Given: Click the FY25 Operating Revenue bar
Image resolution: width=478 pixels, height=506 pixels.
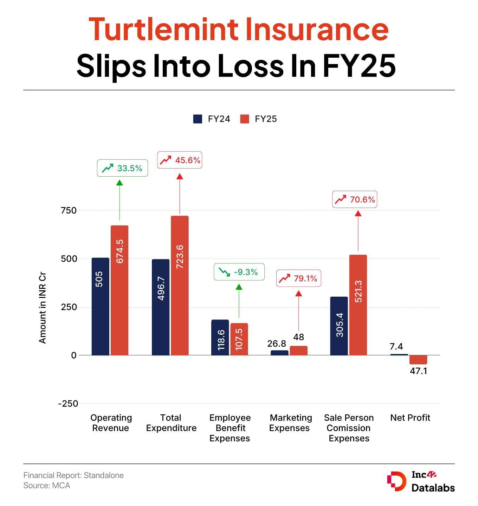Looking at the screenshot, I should pyautogui.click(x=119, y=290).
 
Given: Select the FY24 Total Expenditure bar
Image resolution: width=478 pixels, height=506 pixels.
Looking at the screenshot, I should pyautogui.click(x=161, y=307).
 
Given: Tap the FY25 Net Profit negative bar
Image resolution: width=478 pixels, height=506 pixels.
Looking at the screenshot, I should pyautogui.click(x=418, y=360).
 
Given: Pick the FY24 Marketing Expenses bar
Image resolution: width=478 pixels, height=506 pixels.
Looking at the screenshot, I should pyautogui.click(x=279, y=353).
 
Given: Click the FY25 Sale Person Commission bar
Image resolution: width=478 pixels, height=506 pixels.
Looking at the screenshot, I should pyautogui.click(x=358, y=305).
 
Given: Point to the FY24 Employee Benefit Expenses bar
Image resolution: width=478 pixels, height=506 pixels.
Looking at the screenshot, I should pyautogui.click(x=220, y=337).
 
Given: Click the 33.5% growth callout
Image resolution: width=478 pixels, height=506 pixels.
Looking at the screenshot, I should pyautogui.click(x=122, y=168).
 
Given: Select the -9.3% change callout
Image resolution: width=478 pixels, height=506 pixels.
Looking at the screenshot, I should pyautogui.click(x=239, y=272).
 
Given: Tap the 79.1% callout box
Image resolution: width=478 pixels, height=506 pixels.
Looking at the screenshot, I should pyautogui.click(x=298, y=278).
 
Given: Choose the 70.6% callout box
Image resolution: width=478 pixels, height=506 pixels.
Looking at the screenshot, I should pyautogui.click(x=355, y=200).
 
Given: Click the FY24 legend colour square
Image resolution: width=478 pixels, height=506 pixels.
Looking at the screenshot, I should pyautogui.click(x=198, y=119).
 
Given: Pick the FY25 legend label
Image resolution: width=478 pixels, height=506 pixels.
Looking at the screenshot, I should pyautogui.click(x=266, y=119).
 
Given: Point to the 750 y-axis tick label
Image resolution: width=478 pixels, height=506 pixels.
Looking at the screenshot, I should pyautogui.click(x=69, y=210).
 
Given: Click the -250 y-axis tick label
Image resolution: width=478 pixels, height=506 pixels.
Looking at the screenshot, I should pyautogui.click(x=68, y=404).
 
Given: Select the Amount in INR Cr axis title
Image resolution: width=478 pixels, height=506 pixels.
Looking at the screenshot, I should pyautogui.click(x=43, y=309).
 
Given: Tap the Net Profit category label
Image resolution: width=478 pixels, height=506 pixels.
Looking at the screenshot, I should pyautogui.click(x=410, y=418).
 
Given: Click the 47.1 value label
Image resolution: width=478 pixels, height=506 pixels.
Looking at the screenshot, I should pyautogui.click(x=418, y=371).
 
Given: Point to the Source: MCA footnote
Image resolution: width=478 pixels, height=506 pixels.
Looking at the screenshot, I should pyautogui.click(x=47, y=486).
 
